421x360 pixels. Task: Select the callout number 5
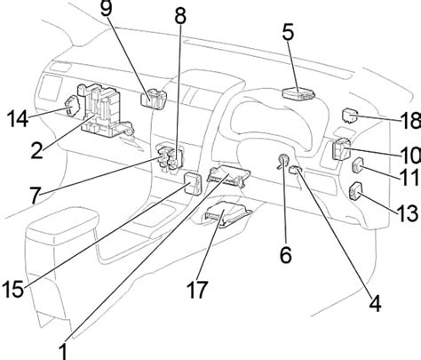[x=289, y=33]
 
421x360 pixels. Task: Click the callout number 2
[x=36, y=151]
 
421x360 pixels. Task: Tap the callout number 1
[x=64, y=349]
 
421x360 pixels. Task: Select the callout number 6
[x=285, y=255]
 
